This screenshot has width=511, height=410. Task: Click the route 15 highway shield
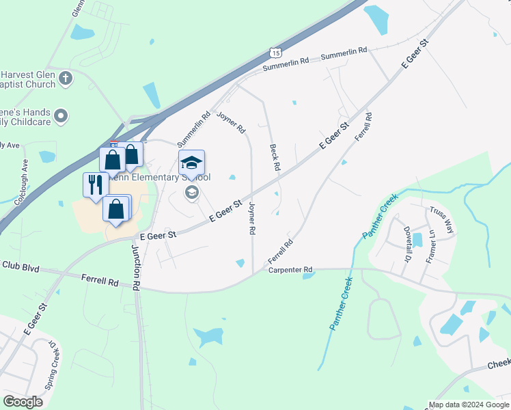tap(275, 52)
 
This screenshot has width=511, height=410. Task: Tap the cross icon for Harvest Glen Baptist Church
tap(66, 77)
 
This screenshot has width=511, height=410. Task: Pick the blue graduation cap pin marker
tap(191, 163)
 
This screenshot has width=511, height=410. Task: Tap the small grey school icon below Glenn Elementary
tap(191, 193)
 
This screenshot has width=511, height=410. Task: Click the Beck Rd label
tap(275, 157)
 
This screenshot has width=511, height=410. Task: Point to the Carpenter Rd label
tap(290, 270)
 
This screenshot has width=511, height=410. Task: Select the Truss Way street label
tap(441, 220)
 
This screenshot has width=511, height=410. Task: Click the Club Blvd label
tap(18, 265)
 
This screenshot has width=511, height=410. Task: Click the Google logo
tap(23, 402)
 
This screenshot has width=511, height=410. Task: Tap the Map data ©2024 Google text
tap(469, 405)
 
